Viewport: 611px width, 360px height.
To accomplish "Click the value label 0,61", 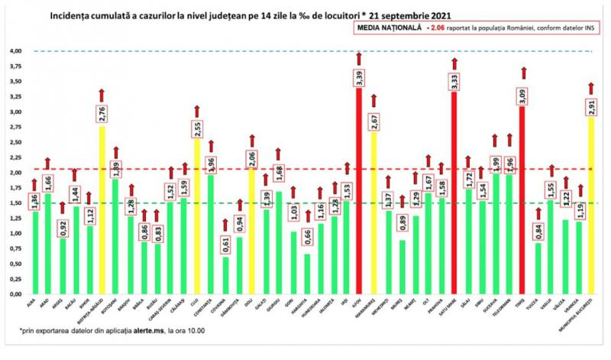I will [x=225, y=245].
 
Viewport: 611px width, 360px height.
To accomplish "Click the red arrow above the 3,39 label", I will [x=358, y=58].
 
